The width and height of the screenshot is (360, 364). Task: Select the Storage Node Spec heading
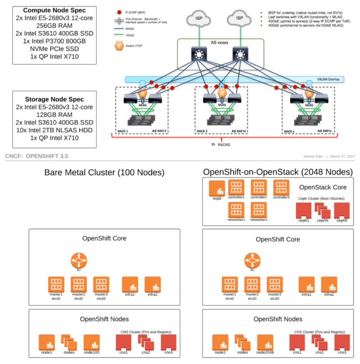pyautogui.click(x=54, y=99)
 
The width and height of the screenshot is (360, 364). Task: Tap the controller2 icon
pyautogui.click(x=259, y=187)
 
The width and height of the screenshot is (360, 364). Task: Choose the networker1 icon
pyautogui.click(x=236, y=209)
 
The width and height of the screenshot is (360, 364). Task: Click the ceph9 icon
pyautogui.click(x=342, y=209)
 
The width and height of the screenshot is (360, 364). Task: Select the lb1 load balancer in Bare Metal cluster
pyautogui.click(x=79, y=260)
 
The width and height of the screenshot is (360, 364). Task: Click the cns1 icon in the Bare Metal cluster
pyautogui.click(x=123, y=342)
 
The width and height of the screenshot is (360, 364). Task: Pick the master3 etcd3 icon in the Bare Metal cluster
pyautogui.click(x=101, y=284)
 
